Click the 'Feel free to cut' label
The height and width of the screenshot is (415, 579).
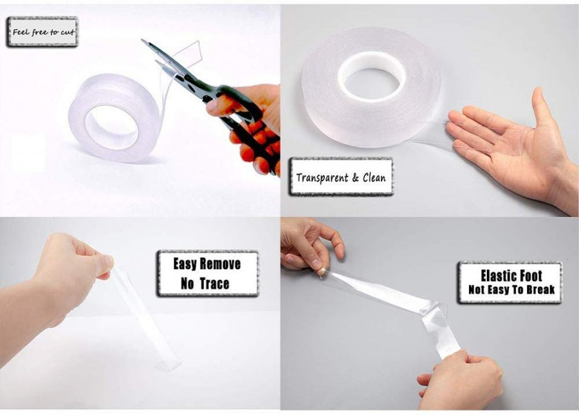point(43,32)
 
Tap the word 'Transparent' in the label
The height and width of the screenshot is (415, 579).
point(322,178)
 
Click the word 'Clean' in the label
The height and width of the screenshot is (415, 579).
point(374,178)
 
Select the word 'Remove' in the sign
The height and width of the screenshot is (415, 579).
point(220,264)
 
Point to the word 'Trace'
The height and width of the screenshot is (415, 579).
point(214,284)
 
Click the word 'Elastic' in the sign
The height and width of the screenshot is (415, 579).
point(498,276)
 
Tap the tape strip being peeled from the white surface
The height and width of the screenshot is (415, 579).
point(145,318)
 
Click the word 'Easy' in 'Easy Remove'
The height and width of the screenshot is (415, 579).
point(185,264)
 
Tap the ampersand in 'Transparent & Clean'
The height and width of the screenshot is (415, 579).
point(355,178)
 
